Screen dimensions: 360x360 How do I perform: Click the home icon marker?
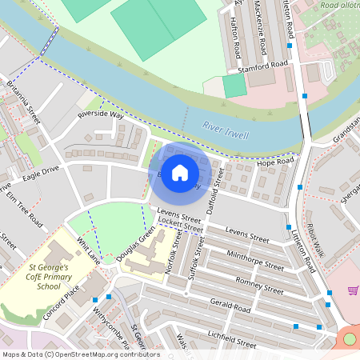point(180,172)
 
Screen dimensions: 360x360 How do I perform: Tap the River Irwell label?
point(226,130)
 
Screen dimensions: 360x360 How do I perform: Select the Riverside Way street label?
point(101,115)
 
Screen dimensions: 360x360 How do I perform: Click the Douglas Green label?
point(137,245)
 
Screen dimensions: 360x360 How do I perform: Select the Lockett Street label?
point(179,227)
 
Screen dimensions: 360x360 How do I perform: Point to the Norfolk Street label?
point(170,258)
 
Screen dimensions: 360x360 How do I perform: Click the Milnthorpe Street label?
point(255,260)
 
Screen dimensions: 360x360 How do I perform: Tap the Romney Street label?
point(259,285)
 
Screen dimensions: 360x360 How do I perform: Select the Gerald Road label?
point(230,306)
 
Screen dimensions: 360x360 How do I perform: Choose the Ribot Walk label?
point(315,240)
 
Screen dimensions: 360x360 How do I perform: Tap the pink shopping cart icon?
point(353,290)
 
